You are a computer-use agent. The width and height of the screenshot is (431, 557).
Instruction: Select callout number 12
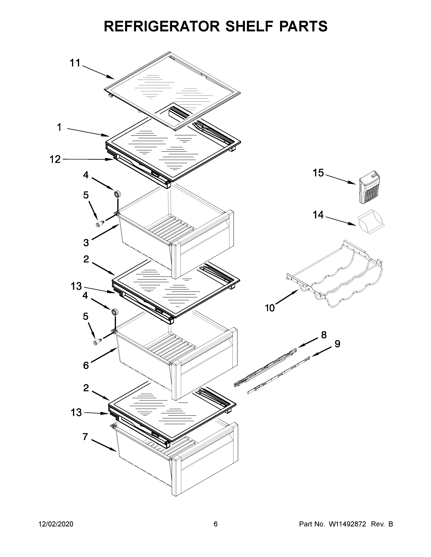pyautogui.click(x=55, y=159)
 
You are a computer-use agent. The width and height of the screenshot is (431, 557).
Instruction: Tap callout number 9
pyautogui.click(x=337, y=344)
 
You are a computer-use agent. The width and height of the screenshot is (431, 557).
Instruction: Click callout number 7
pyautogui.click(x=85, y=437)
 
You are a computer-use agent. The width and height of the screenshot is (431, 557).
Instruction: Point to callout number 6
pyautogui.click(x=86, y=365)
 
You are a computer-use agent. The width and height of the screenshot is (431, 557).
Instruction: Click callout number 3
pyautogui.click(x=86, y=243)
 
